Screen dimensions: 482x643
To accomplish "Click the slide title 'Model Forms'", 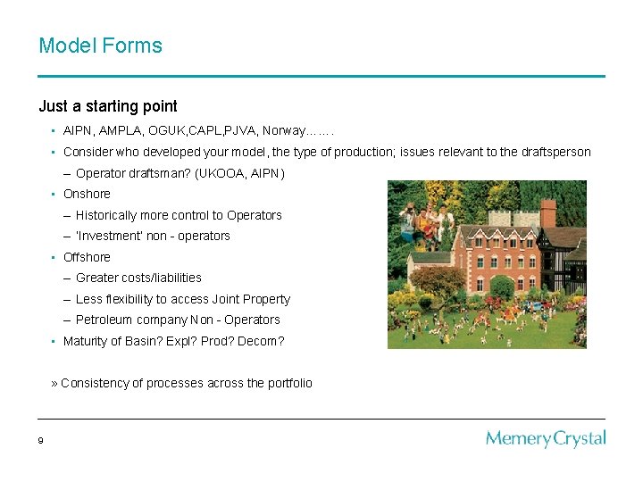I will pyautogui.click(x=100, y=46).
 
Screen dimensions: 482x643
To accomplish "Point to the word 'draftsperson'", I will pyautogui.click(x=552, y=152).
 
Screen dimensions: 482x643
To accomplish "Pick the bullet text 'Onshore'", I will pyautogui.click(x=87, y=194).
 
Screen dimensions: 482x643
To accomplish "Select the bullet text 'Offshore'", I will pyautogui.click(x=87, y=257).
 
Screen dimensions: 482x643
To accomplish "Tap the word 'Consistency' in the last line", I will pyautogui.click(x=95, y=383).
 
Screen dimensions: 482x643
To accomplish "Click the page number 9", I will pyautogui.click(x=41, y=440).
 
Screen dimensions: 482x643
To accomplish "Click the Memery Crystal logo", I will pyautogui.click(x=546, y=438).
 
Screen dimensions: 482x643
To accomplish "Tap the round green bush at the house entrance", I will pyautogui.click(x=502, y=287).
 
